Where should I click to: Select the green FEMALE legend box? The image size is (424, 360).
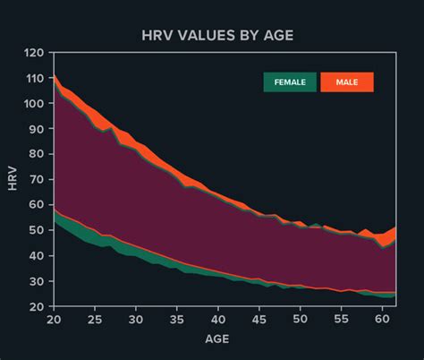289,82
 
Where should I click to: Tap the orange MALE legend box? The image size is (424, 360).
347,82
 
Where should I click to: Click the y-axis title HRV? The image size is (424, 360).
12,179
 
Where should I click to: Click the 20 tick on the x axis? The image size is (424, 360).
54,319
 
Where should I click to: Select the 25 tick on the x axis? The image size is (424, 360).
95,319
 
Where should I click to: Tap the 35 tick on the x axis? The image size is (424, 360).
177,319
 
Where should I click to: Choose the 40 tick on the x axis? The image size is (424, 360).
218,319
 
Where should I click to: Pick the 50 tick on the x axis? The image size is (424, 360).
301,319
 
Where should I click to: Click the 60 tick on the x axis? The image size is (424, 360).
382,319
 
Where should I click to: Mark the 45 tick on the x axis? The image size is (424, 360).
259,319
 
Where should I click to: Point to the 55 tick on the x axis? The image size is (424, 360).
341,319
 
